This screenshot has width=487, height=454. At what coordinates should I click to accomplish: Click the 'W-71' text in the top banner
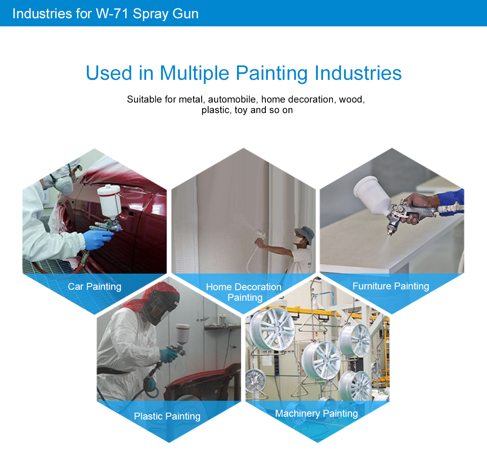click(x=112, y=14)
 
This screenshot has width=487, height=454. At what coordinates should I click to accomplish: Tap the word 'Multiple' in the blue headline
click(x=194, y=73)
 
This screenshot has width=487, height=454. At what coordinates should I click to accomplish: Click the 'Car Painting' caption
click(x=95, y=287)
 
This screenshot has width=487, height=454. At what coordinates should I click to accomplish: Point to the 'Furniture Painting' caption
click(x=391, y=286)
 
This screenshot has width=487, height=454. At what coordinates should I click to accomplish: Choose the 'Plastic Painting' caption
click(x=167, y=416)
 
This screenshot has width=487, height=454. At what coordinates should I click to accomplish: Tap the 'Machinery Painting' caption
click(x=317, y=413)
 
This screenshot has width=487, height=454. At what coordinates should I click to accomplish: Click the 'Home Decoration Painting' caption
click(x=244, y=292)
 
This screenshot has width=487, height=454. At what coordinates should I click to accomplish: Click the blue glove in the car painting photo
click(x=97, y=240)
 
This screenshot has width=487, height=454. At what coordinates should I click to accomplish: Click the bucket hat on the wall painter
click(x=305, y=233)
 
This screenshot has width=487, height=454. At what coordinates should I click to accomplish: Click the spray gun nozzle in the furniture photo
click(x=390, y=231)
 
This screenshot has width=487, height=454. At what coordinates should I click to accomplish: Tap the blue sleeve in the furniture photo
click(x=451, y=202)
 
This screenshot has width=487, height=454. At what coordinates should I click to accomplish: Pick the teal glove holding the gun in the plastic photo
click(x=168, y=355)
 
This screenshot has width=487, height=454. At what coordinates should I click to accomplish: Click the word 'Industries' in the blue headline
click(x=358, y=73)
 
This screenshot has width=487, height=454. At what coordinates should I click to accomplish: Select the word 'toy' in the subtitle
click(x=241, y=110)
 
